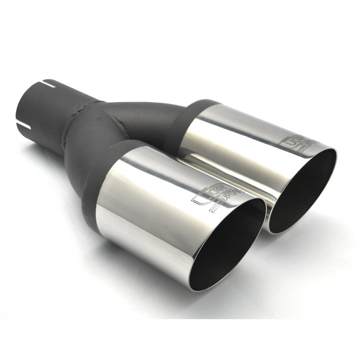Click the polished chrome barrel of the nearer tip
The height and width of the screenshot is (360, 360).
(148, 202)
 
